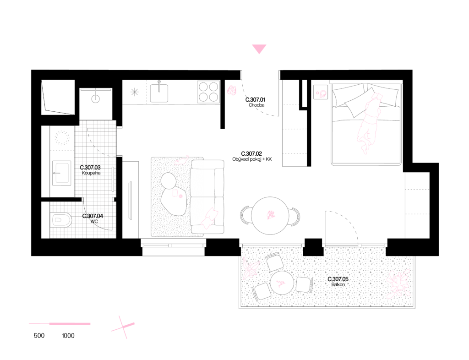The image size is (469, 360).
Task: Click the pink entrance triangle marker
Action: tap(259, 49)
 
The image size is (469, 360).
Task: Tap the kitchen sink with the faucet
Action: tap(159, 93)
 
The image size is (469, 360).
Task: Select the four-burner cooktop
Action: tap(208, 92)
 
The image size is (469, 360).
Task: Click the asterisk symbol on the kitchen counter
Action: tap(134, 92)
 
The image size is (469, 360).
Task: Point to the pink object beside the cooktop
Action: tap(232, 90)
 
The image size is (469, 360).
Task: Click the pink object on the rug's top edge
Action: tap(182, 160)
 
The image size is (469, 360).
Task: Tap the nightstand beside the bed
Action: tap(321, 92)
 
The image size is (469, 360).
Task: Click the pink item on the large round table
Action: tap(271, 214)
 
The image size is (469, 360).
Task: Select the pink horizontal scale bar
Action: tap(60, 324)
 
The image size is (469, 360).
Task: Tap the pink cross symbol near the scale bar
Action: tap(123, 327)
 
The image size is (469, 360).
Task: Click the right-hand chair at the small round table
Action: tap(304, 284)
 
